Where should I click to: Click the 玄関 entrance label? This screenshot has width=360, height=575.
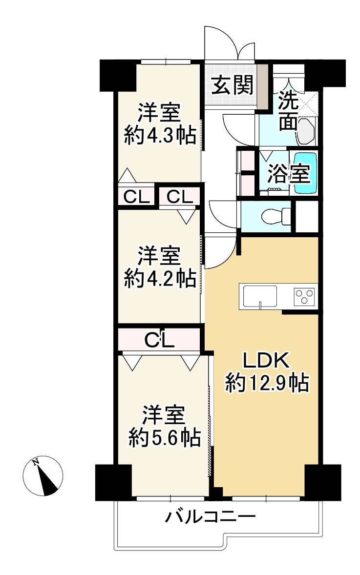point(232,86)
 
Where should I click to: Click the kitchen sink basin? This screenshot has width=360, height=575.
point(260,295)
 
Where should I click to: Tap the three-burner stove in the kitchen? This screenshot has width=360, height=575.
point(304,295)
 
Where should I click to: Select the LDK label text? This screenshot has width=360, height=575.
point(267,362)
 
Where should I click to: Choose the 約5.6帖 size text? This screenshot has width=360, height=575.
point(165,437)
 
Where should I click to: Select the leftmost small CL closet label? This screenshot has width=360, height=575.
point(135,197)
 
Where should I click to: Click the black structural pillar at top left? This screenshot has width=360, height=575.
point(117,75)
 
